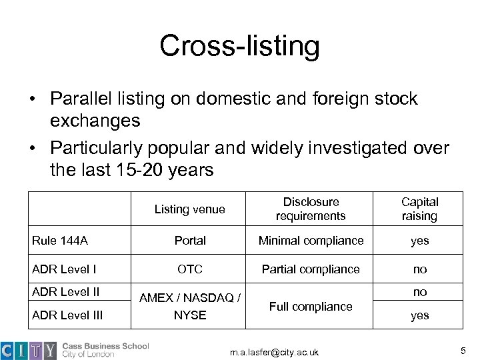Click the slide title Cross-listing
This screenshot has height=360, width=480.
pyautogui.click(x=239, y=46)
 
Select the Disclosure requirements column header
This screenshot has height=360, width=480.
pyautogui.click(x=311, y=208)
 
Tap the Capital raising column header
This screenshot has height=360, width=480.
pyautogui.click(x=419, y=208)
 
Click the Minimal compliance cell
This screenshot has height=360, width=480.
pyautogui.click(x=311, y=241)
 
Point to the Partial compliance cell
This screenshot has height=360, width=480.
pyautogui.click(x=311, y=269)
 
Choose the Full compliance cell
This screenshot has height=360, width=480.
pyautogui.click(x=311, y=306)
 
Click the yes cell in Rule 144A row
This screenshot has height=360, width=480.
pyautogui.click(x=419, y=241)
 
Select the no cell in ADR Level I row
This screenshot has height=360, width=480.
pyautogui.click(x=419, y=269)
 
